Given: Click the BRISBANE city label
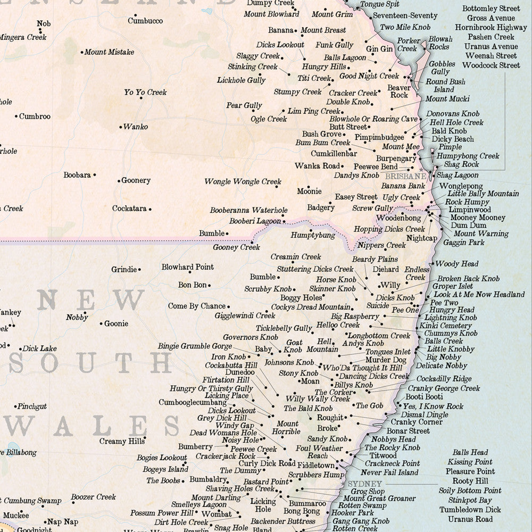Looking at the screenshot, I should pos(405,176).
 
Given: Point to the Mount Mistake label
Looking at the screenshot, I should pos(109,52).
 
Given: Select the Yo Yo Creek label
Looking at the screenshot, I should pos(145,93).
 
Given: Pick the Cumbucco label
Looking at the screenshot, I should pos(145,21).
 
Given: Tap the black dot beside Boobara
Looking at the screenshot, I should pos(95,174).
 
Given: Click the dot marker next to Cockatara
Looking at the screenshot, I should pos(150,209).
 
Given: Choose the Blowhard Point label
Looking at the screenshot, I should pos(188,267).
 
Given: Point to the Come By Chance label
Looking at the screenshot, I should pos(197,306).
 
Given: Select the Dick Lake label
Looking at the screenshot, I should pos(39,349).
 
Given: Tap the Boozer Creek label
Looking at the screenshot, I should pos(93,497).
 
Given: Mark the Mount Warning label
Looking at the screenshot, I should pos(481,234).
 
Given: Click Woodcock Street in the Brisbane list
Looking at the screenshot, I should pos(491,65).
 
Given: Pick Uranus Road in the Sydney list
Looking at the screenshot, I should pos(470,519).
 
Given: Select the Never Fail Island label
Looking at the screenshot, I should pos(389,472).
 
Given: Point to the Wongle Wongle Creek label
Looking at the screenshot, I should pos(243,182).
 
